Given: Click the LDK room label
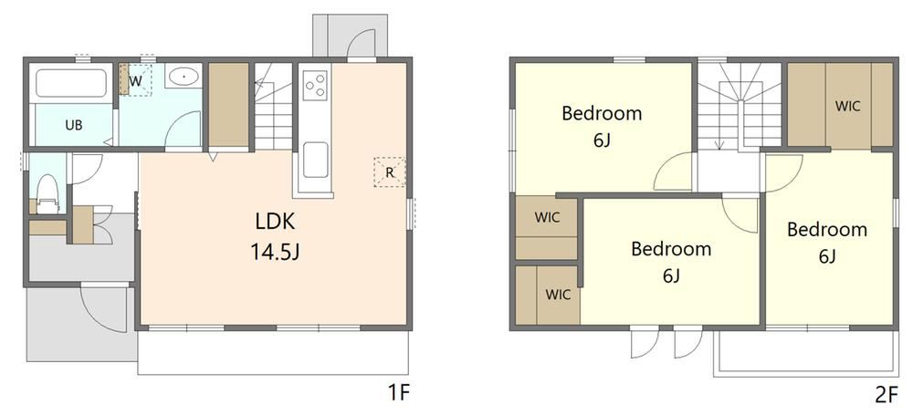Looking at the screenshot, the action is coord(275,222).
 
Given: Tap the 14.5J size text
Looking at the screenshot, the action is coord(275,252).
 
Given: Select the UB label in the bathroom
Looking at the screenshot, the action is coord(73,125).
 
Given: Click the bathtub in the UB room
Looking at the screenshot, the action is coord(71,83).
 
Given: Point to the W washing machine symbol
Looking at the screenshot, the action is coord(135,80).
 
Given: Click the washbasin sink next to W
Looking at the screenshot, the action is coord(184,77).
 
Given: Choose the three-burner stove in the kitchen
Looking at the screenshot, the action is coord(315,84).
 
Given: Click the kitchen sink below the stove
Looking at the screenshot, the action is coord(315,160).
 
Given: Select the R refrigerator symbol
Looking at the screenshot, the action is coord(390,172).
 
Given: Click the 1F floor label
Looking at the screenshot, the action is coord(400,394).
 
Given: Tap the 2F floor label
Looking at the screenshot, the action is coord(887,395).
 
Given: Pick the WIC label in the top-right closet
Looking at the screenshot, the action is coord(848,107).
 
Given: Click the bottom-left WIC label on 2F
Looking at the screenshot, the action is coord(558,295).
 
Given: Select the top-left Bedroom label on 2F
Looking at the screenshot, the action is coord(602,113).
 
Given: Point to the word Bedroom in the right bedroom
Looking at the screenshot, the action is coord(827,229).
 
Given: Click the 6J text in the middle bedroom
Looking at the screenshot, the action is coord(671,275).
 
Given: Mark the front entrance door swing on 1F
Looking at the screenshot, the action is coord(104,308).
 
